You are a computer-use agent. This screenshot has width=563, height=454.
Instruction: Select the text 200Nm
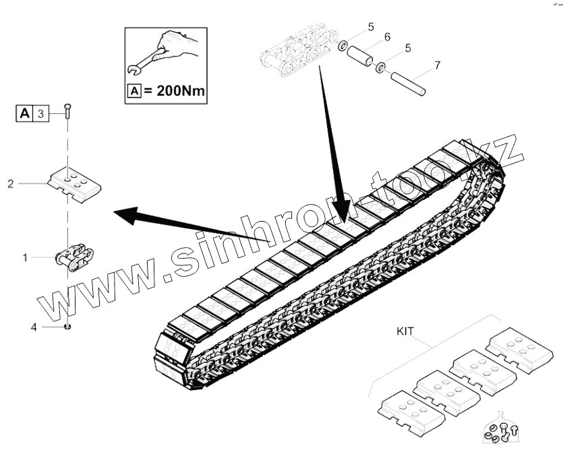(x=172, y=90)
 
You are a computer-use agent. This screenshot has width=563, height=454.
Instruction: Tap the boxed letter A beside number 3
(x=25, y=113)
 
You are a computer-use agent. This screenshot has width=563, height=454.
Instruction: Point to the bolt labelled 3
(x=67, y=111)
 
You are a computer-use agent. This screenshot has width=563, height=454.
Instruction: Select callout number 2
(x=11, y=183)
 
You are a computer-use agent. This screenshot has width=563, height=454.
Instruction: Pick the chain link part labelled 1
(x=73, y=256)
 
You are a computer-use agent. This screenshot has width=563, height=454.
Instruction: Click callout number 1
(x=26, y=257)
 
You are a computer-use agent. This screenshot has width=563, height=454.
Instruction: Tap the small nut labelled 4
(x=67, y=327)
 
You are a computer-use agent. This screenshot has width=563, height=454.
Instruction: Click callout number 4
(x=33, y=327)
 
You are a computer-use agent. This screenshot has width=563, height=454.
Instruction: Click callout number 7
(x=437, y=65)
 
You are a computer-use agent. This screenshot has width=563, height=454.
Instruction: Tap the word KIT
(x=405, y=331)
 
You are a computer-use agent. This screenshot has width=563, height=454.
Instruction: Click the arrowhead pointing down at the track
(x=343, y=208)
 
